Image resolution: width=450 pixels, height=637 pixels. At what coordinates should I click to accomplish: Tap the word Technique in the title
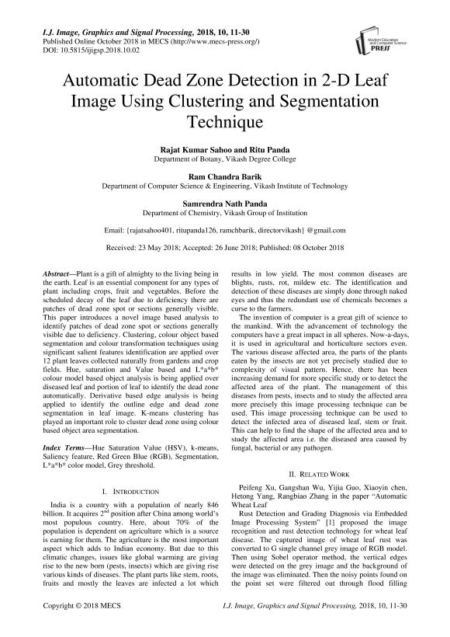pos(225,121)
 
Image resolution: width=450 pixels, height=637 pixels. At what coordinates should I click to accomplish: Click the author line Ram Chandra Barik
pos(224,177)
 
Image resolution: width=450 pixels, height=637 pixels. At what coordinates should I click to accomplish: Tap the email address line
pos(224,231)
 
